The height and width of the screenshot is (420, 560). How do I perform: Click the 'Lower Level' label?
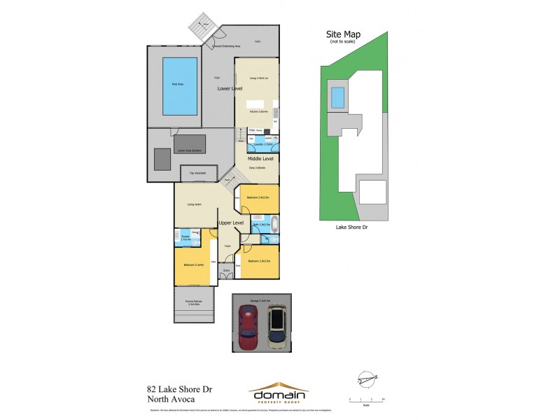231,90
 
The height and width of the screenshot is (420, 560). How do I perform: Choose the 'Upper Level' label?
230,223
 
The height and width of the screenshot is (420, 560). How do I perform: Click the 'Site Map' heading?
344,34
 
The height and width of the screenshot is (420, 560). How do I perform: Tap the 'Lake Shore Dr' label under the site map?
351,227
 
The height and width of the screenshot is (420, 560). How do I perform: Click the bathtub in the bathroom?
274,225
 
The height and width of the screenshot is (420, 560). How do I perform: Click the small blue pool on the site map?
337,97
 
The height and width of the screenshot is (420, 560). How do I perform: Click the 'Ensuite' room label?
185,237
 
